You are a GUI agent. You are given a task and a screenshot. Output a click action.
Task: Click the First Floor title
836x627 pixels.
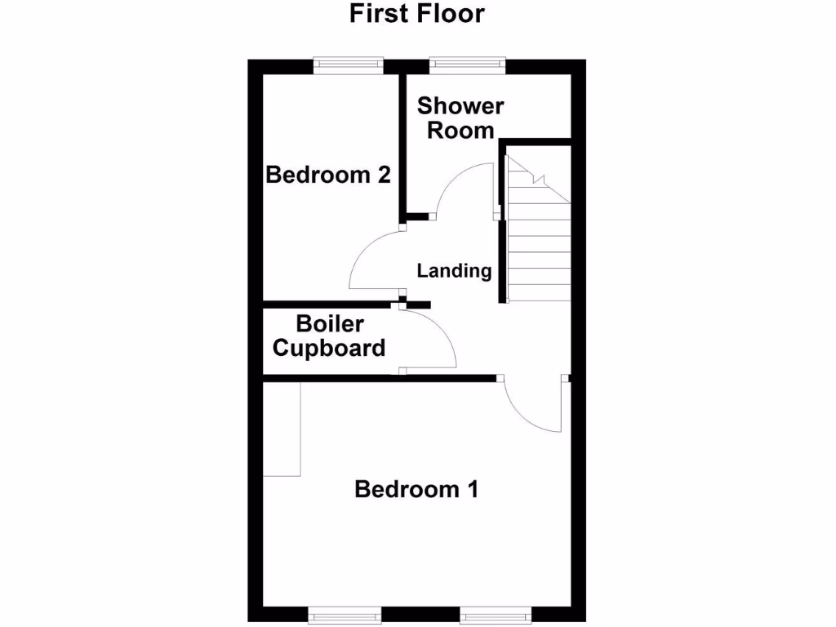pos(417,14)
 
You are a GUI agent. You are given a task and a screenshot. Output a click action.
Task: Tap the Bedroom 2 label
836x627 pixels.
pos(328,175)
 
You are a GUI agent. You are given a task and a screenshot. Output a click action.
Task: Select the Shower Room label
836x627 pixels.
pos(460,118)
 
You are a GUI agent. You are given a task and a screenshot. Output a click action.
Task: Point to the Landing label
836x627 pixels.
pos(454,271)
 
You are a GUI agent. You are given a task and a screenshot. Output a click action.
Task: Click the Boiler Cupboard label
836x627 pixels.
pos(329,336)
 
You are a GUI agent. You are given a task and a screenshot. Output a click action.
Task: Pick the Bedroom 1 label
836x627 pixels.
pos(416,489)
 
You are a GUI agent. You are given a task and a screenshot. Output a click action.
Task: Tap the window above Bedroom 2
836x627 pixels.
pos(349,64)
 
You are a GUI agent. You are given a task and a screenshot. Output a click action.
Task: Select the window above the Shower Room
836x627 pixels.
pos(467,64)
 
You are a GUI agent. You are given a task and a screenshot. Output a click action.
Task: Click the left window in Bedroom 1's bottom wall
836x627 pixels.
pos(344,613)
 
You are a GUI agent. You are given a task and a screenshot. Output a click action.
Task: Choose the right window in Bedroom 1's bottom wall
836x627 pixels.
pos(495,613)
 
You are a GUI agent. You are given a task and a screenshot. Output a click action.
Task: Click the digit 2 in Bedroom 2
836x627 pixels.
pos(383,175)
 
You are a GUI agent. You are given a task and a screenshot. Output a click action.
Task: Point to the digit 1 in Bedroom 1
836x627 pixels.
pos(471,489)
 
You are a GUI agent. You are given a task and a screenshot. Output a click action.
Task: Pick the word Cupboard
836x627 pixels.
pos(329,348)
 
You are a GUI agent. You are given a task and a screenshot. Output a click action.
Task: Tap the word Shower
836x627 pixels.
pos(460,106)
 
